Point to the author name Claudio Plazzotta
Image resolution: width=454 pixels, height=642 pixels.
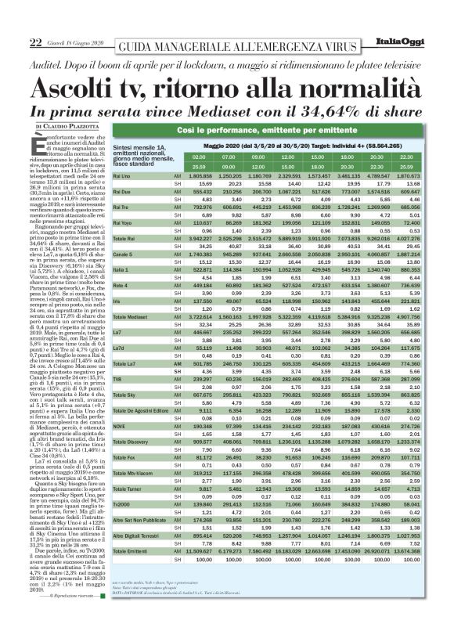pos(74,124)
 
